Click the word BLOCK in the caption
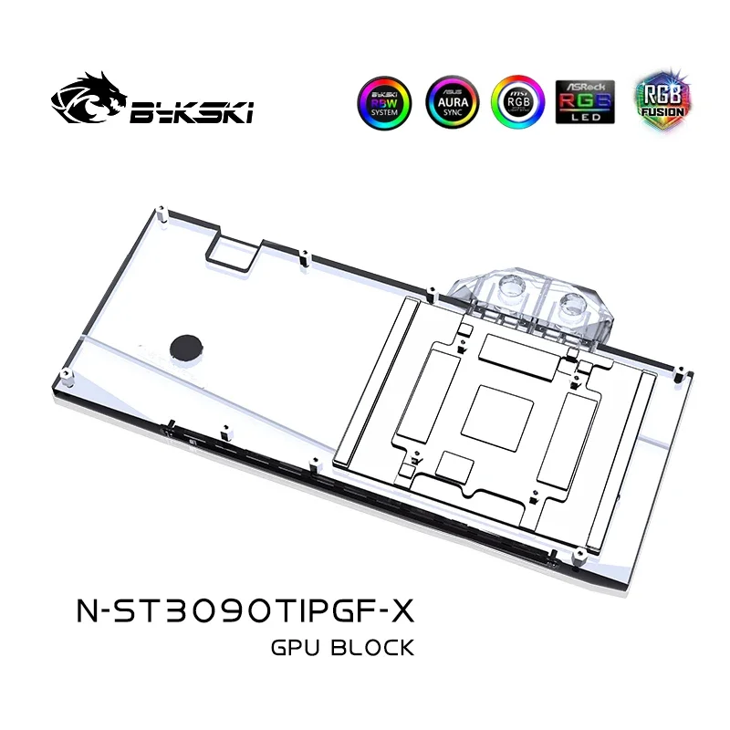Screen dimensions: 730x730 (x=376, y=648)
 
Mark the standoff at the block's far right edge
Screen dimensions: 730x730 (x=680, y=373)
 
